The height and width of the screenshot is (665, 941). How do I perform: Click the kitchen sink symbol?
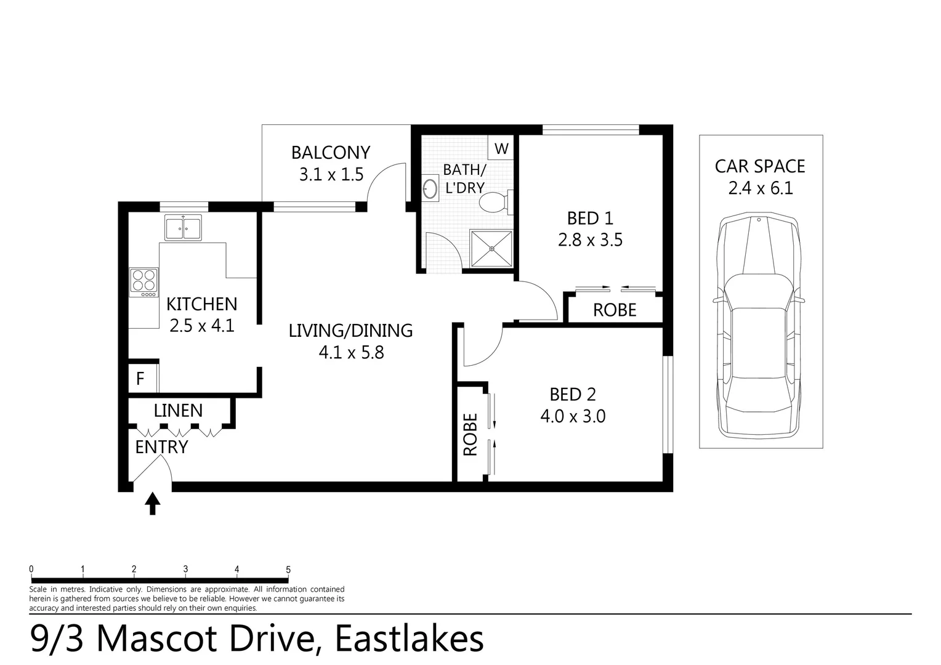[183, 228]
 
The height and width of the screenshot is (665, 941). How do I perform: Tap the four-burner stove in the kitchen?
[143, 281]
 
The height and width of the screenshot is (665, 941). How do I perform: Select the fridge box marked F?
[140, 378]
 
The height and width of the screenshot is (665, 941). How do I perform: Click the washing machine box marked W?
[501, 148]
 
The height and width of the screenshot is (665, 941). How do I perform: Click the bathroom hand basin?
[430, 188]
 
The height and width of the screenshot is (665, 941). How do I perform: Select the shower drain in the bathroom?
[491, 249]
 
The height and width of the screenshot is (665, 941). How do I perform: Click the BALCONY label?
[331, 152]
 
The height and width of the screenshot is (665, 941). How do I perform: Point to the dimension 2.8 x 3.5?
[590, 240]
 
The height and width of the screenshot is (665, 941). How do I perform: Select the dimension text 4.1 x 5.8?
[351, 352]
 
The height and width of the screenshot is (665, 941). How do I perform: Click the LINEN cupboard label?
[178, 410]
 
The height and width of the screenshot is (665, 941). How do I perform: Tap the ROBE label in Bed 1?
[615, 310]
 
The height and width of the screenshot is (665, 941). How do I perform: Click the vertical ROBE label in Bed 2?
[470, 434]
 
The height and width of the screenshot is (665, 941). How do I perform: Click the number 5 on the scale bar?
[288, 570]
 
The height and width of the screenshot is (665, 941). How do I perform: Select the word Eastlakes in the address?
[409, 639]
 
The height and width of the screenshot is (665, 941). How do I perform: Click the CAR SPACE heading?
[760, 166]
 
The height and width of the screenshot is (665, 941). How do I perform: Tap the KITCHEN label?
[202, 304]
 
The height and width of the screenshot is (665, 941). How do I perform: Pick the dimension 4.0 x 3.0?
[573, 416]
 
